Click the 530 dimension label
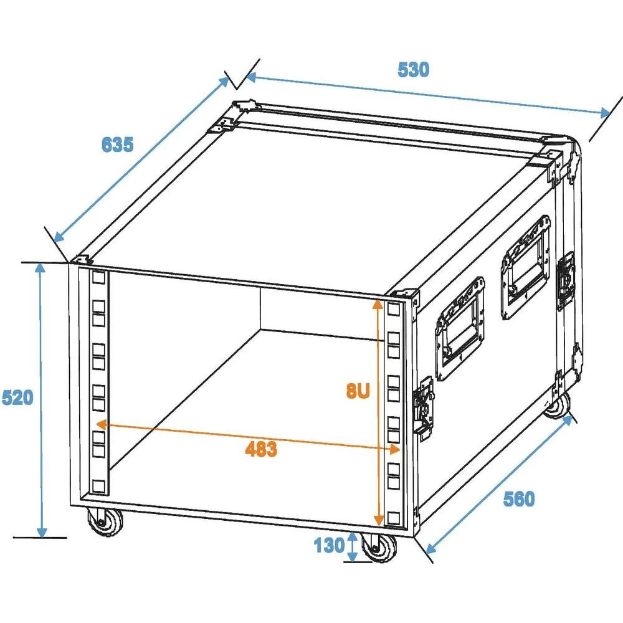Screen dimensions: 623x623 (413, 70)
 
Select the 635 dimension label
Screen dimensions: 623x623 (117, 145)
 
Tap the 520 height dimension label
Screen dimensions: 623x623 (17, 397)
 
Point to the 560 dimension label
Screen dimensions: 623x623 (518, 498)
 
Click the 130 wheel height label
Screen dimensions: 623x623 (328, 546)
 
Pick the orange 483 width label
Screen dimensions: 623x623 (260, 449)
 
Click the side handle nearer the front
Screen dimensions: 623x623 (460, 328)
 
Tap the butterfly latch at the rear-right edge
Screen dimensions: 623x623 (565, 280)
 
